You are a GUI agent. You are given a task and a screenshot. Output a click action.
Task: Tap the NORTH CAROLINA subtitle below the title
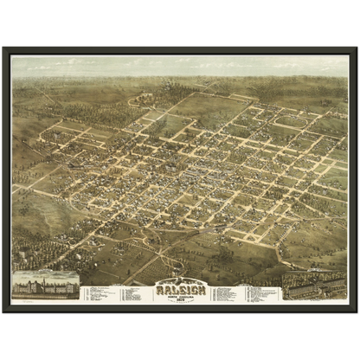pos(179,291)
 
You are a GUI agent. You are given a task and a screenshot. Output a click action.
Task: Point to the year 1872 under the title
pos(179,295)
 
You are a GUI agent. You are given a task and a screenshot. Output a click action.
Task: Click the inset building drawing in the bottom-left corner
pos(46,286)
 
